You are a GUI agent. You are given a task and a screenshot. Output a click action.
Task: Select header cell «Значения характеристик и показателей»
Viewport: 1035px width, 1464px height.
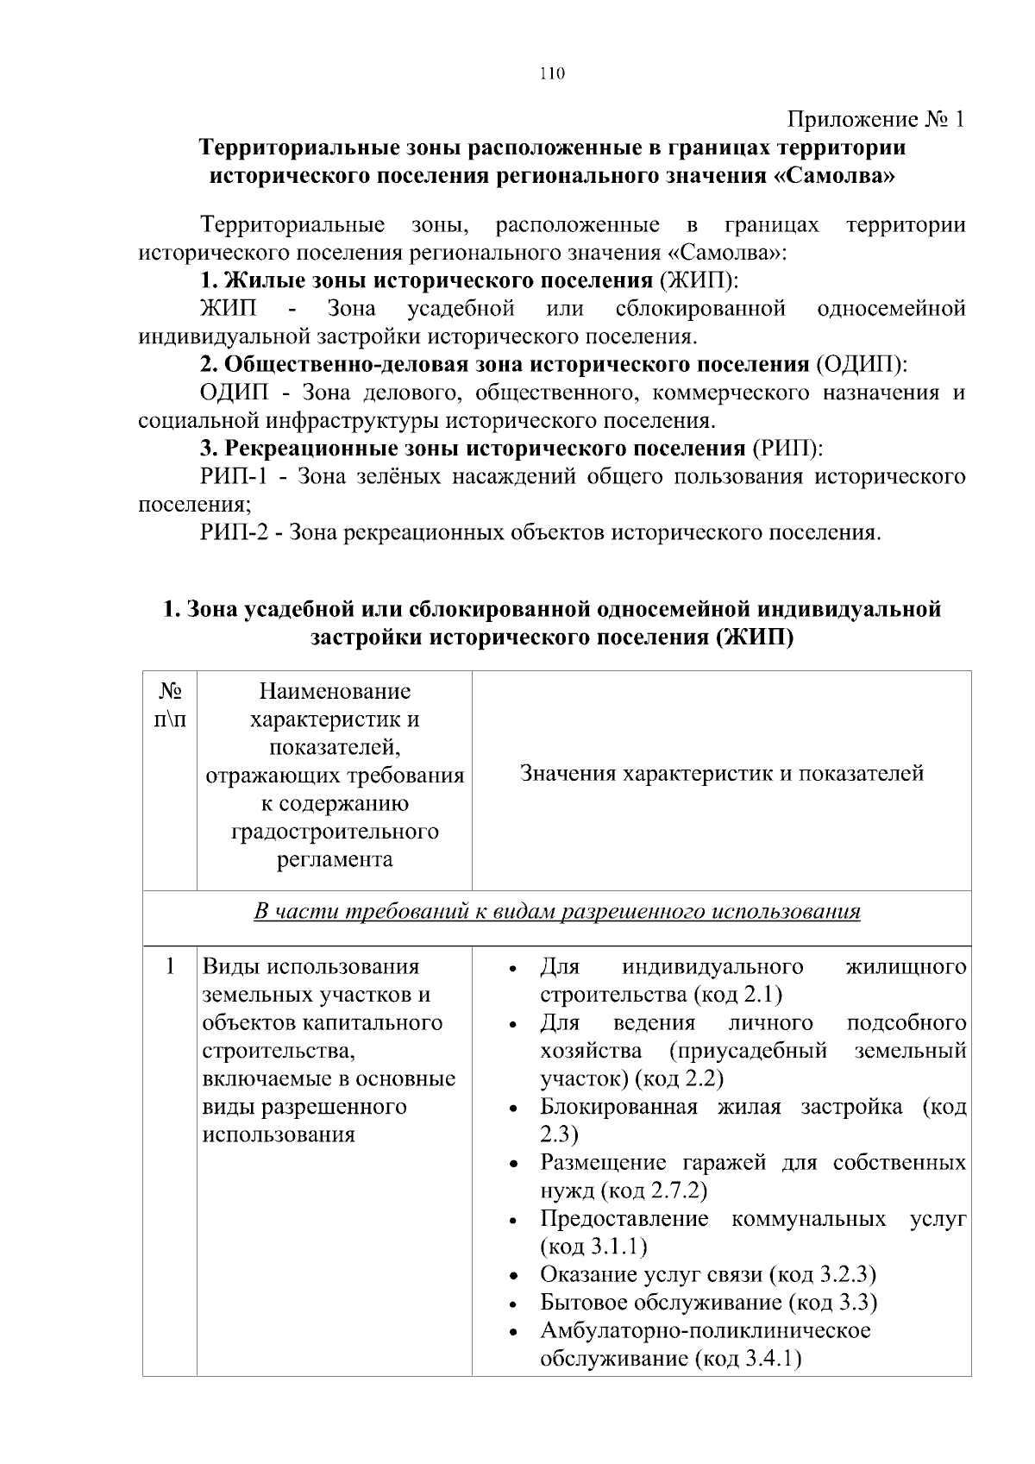tap(722, 773)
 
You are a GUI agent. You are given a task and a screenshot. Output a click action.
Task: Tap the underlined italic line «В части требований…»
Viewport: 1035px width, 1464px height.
tap(557, 911)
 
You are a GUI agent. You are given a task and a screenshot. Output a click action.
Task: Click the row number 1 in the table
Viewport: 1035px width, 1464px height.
tap(170, 966)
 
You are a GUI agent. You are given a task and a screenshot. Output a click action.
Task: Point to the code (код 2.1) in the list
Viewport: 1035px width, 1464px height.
tap(737, 995)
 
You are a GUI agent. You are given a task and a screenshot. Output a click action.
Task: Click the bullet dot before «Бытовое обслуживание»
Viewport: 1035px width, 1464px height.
tap(513, 1304)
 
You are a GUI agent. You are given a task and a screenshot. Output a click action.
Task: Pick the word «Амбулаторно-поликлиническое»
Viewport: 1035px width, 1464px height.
tap(706, 1330)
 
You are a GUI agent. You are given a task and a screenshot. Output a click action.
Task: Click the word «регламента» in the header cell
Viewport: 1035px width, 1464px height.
tap(335, 859)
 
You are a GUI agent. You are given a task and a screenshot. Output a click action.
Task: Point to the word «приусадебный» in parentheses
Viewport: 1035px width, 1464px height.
tap(747, 1051)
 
